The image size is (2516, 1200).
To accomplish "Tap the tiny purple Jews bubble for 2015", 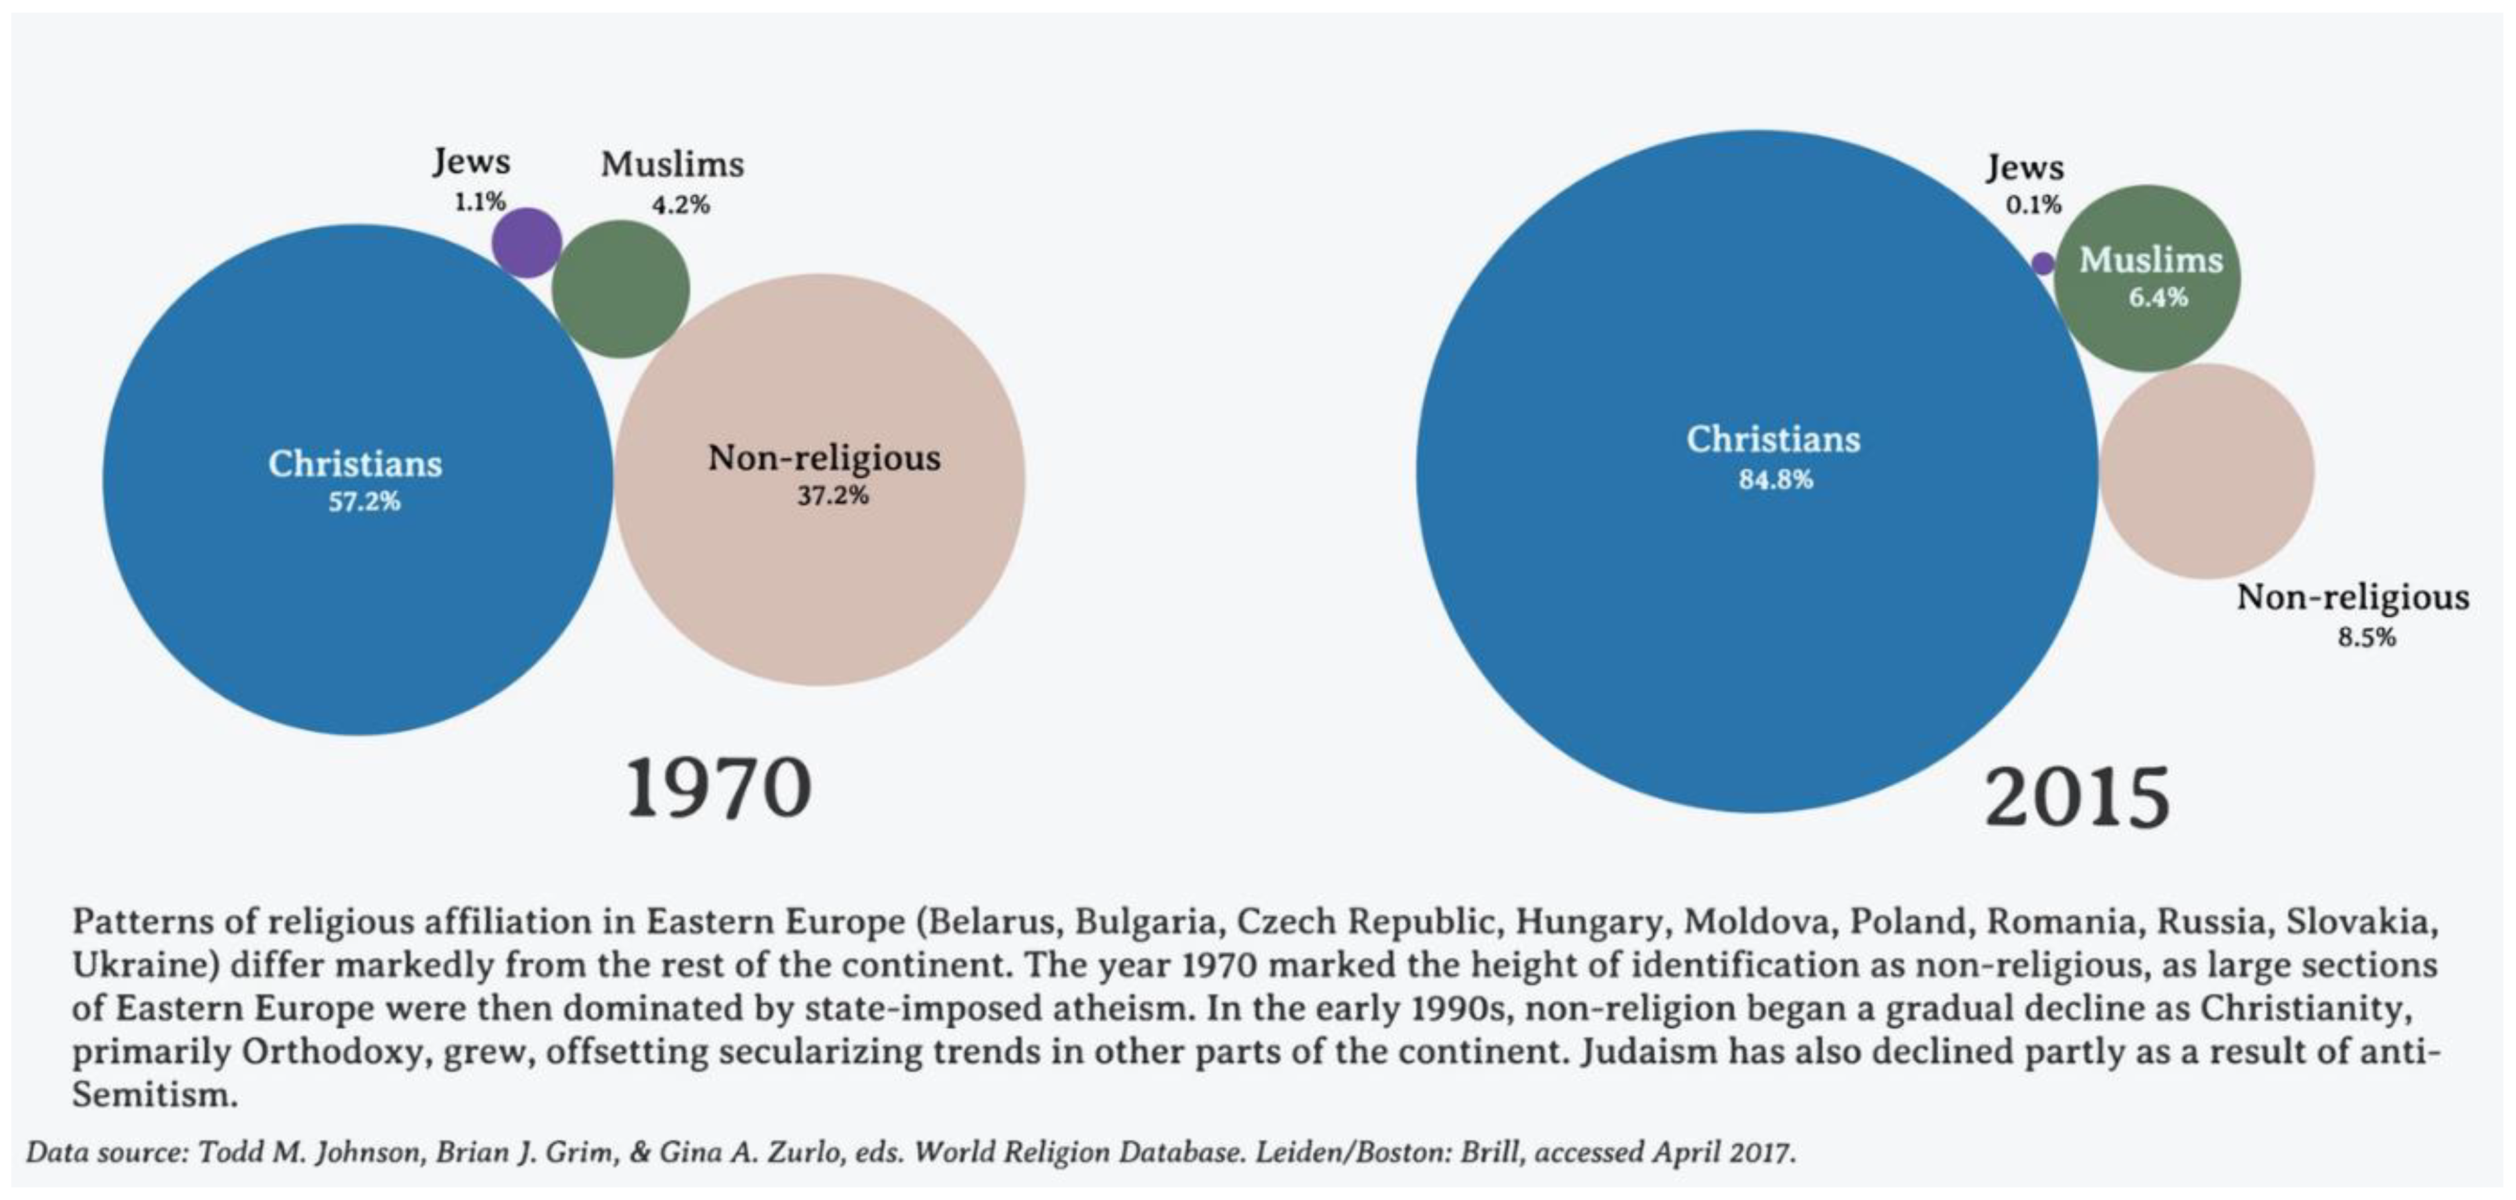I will (x=2042, y=264).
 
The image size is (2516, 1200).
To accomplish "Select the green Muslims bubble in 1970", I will (x=620, y=289).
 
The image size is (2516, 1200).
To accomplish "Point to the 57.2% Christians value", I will (x=363, y=502).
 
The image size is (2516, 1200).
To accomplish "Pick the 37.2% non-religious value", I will (x=832, y=496).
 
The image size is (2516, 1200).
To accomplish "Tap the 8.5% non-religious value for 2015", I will (x=2366, y=638).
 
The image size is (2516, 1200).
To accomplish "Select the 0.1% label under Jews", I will (x=2034, y=205).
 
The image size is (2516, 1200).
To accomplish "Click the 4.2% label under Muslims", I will (x=680, y=205).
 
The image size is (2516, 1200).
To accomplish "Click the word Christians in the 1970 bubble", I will (x=356, y=463).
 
